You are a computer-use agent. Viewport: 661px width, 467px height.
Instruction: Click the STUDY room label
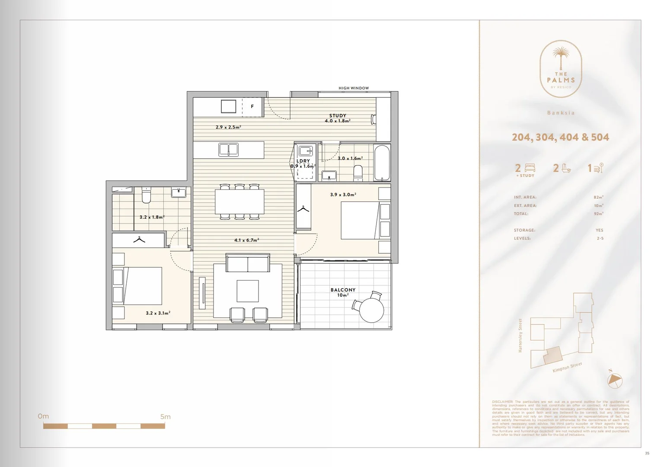point(338,115)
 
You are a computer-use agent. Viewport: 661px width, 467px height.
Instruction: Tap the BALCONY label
point(343,290)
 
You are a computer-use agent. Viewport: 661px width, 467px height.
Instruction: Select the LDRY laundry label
point(303,161)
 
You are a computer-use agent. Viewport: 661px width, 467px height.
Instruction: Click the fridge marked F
point(252,106)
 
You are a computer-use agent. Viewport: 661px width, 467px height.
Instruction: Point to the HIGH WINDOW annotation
point(354,88)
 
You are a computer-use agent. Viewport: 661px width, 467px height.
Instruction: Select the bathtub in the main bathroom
point(382,163)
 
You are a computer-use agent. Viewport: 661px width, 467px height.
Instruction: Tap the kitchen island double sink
point(228,150)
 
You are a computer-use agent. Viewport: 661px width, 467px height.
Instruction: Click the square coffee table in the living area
point(248,291)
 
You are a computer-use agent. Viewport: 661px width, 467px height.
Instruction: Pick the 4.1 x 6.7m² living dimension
point(246,240)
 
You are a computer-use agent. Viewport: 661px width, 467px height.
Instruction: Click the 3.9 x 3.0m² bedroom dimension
point(343,195)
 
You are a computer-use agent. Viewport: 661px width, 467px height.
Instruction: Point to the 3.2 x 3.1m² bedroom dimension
point(158,313)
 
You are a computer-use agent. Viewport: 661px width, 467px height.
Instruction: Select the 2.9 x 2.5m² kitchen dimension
point(228,127)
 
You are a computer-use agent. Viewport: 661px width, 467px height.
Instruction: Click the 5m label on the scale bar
point(165,417)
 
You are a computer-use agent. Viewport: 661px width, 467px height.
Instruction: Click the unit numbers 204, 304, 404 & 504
point(560,137)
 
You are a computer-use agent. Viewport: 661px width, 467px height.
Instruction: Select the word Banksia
point(561,113)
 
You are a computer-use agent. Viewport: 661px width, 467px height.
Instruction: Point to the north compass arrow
point(615,380)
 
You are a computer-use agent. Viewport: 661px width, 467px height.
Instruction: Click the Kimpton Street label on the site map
point(567,368)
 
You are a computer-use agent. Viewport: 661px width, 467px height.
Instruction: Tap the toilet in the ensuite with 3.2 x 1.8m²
point(146,196)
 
